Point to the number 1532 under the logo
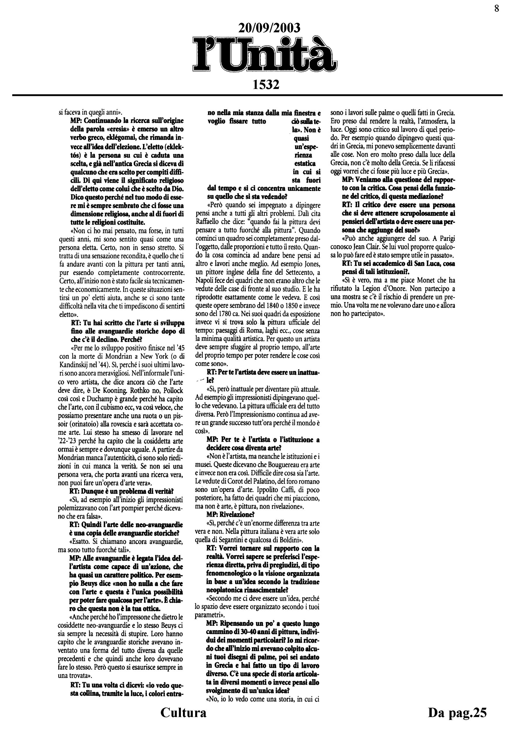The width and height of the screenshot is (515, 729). point(266,85)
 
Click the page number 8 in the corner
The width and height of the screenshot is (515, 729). point(497,8)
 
